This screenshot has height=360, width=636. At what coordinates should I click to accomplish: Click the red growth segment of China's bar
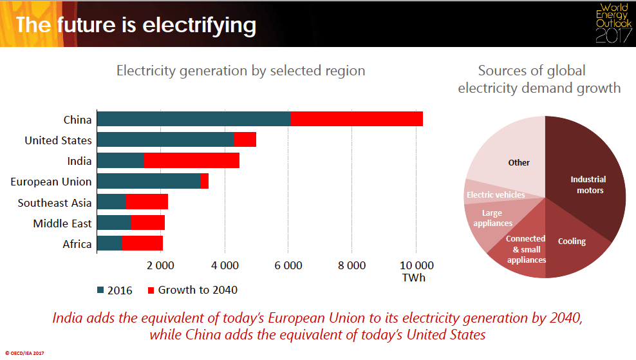(x=357, y=119)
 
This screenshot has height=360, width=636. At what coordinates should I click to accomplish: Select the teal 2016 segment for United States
(x=165, y=140)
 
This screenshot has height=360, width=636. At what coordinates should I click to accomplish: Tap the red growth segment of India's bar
(x=191, y=161)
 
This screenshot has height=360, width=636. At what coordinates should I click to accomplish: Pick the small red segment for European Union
(x=205, y=182)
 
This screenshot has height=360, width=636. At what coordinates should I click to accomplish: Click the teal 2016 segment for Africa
(x=109, y=243)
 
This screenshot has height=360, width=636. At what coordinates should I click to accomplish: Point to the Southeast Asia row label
(x=55, y=203)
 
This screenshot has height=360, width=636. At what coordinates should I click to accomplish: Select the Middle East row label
(x=62, y=223)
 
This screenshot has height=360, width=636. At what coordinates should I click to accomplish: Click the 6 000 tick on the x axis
(x=288, y=265)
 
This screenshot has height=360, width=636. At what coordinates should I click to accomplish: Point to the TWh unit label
(x=413, y=278)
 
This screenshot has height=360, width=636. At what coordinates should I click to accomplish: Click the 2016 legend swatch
(x=101, y=290)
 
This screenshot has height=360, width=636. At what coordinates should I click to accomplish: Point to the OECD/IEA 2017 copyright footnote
(x=26, y=353)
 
